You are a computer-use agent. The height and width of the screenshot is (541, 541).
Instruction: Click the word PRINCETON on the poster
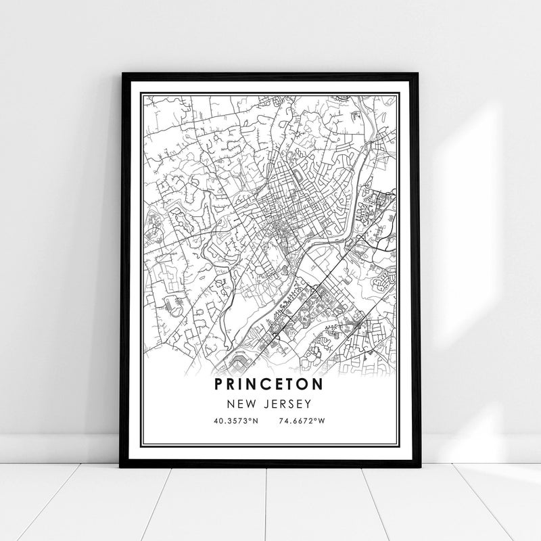pos(270,383)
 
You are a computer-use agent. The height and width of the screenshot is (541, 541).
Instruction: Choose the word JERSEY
pos(285,404)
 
